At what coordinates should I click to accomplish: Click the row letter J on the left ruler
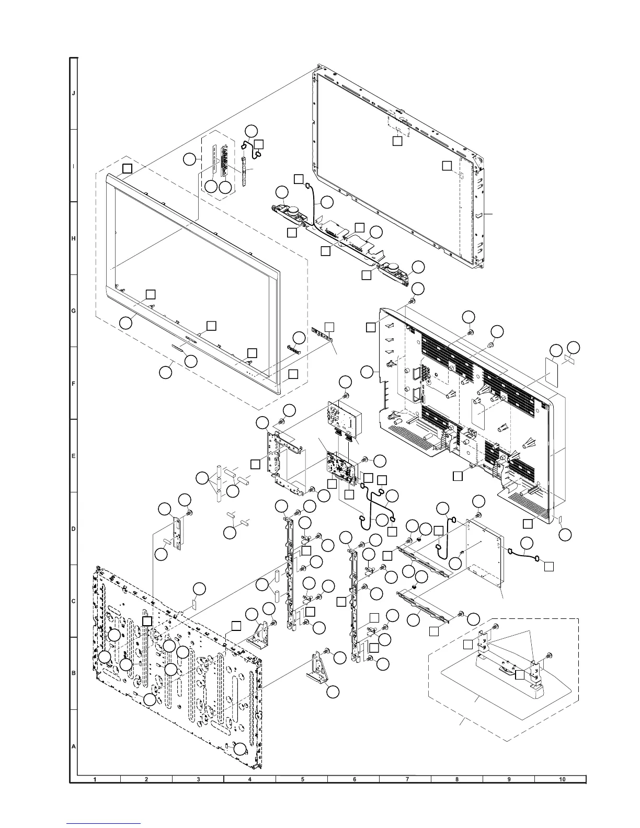pyautogui.click(x=74, y=94)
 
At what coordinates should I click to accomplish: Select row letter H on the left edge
pyautogui.click(x=74, y=238)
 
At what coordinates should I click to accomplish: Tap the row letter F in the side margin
pyautogui.click(x=74, y=383)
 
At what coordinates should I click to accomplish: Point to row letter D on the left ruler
pyautogui.click(x=74, y=528)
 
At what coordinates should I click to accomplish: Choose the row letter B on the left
pyautogui.click(x=74, y=673)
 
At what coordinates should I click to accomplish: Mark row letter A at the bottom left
pyautogui.click(x=74, y=746)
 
